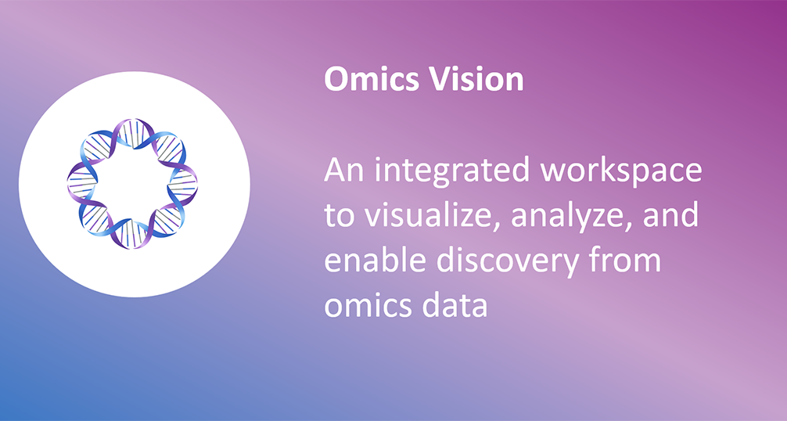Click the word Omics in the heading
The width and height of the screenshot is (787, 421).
pos(369,79)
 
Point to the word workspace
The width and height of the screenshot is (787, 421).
pos(620,171)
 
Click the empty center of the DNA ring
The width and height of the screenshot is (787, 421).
pos(132,184)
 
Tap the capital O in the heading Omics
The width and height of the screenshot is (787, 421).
pos(336,79)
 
